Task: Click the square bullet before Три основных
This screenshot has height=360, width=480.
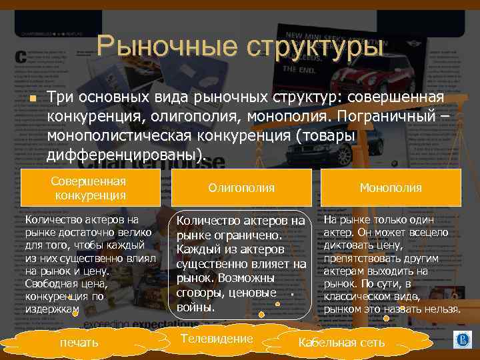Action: tap(31, 99)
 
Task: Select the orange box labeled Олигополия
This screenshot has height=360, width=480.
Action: tap(241, 188)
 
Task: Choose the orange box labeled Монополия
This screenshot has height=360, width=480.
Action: tap(391, 188)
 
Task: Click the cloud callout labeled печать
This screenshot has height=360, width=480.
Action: tap(79, 342)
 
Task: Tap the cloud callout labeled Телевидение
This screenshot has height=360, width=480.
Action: tap(217, 339)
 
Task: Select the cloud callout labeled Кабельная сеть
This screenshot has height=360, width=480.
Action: tap(341, 342)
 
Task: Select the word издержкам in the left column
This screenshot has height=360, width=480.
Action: tap(52, 310)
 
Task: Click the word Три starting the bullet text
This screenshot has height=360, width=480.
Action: tap(60, 98)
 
